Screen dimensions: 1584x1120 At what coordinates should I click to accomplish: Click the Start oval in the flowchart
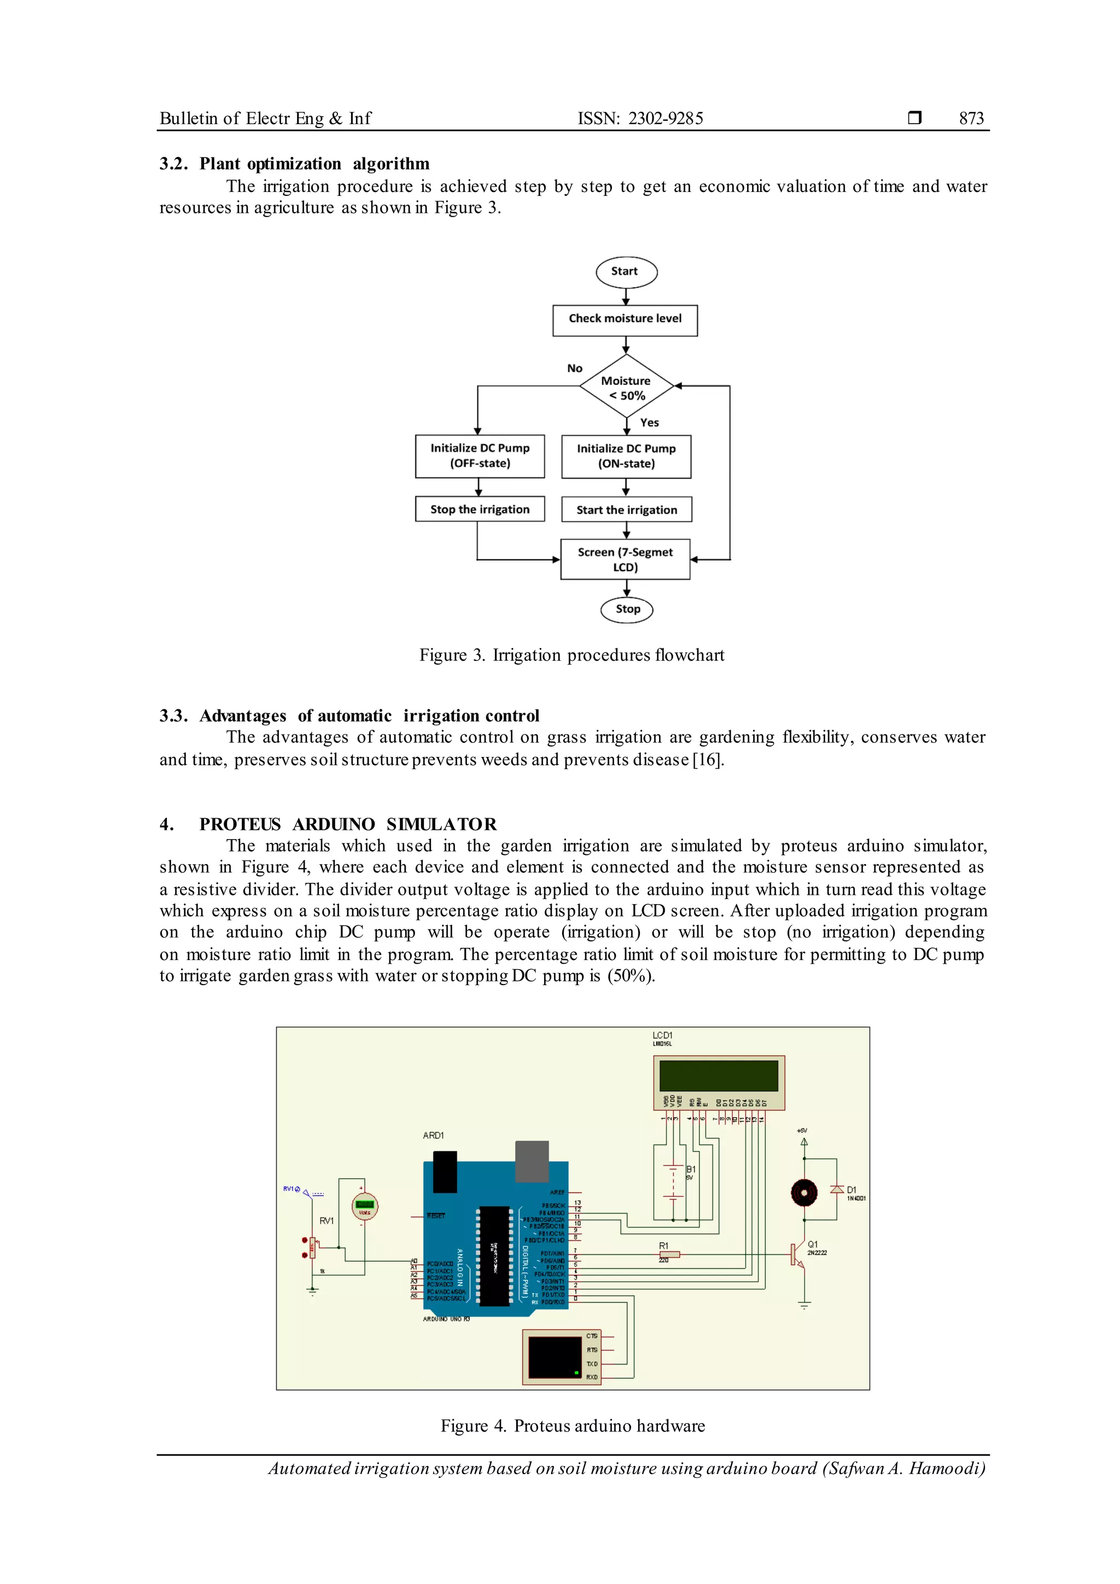pos(626,272)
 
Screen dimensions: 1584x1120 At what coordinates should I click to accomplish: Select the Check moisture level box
pos(625,320)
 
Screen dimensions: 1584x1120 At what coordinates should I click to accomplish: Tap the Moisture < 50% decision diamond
pos(626,388)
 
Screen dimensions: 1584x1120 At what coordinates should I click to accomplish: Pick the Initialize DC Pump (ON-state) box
pos(626,457)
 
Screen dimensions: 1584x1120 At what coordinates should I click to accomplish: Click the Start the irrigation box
pos(626,510)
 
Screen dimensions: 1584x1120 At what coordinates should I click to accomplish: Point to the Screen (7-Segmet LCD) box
pos(625,560)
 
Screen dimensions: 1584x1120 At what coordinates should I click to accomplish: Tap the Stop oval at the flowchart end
pos(626,610)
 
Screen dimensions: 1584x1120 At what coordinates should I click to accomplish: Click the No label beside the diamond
pos(574,369)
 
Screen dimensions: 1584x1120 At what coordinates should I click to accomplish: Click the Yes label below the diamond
pos(649,423)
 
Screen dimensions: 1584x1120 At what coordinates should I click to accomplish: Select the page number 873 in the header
pos(971,119)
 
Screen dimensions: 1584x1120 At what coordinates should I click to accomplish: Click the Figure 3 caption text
pos(571,655)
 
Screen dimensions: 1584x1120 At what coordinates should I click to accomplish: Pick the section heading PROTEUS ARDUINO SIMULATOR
pos(348,824)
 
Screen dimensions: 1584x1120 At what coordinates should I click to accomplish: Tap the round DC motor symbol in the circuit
pos(803,1192)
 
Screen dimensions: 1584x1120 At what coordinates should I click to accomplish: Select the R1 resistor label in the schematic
pos(663,1246)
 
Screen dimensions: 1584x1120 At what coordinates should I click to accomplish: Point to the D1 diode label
pos(851,1190)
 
